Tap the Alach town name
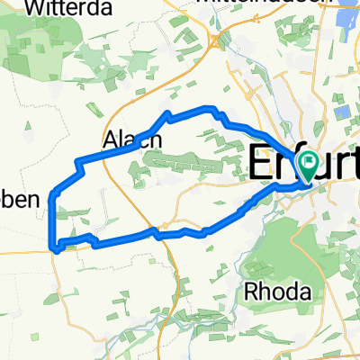[132, 139]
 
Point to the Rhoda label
[278, 292]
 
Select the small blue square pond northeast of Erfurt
[343, 112]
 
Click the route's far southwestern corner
[57, 245]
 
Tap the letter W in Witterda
[37, 8]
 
